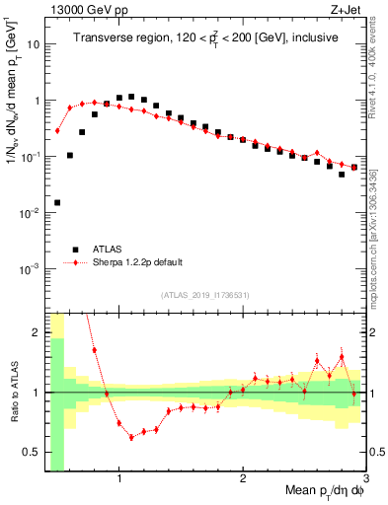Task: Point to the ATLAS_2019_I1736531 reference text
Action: pyautogui.click(x=205, y=294)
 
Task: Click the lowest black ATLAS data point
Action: pyautogui.click(x=57, y=202)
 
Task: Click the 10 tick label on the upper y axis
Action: pyautogui.click(x=32, y=44)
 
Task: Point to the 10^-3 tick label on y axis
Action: pyautogui.click(x=29, y=268)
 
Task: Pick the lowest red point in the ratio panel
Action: pyautogui.click(x=131, y=437)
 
